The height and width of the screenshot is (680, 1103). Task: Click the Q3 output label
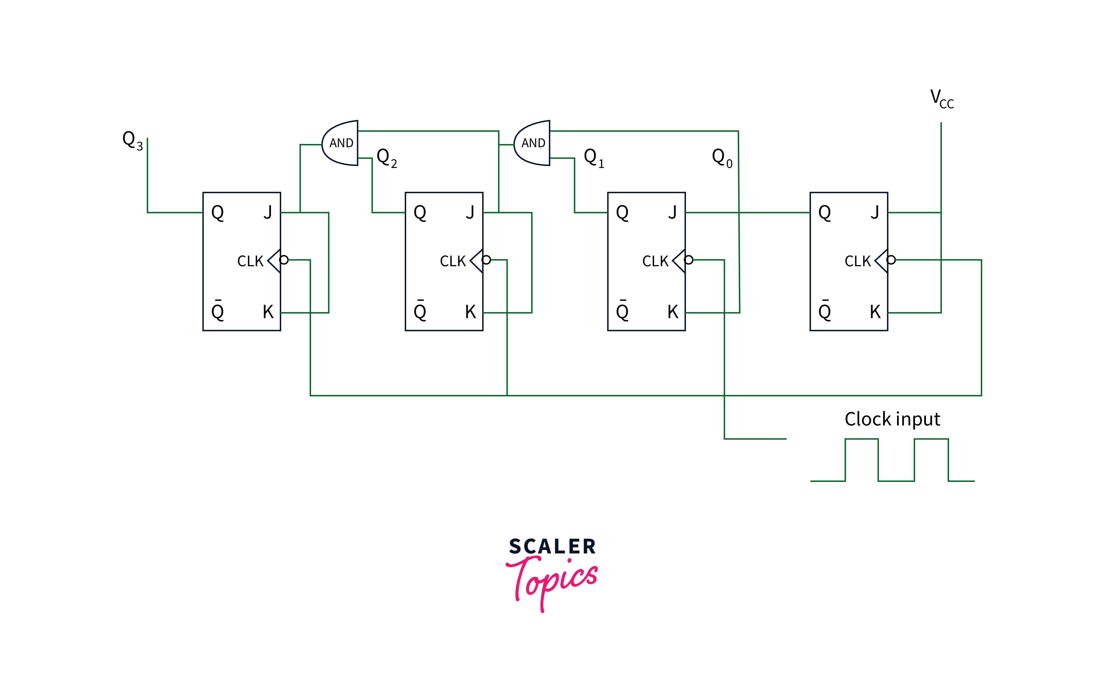(x=132, y=140)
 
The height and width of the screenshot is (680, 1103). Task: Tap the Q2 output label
(x=386, y=158)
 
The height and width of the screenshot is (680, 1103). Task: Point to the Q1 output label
(x=593, y=158)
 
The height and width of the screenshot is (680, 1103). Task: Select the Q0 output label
(x=722, y=158)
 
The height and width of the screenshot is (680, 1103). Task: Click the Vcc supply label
(x=941, y=99)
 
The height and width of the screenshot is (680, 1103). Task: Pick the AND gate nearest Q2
(x=341, y=143)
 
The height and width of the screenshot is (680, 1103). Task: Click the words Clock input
(x=892, y=419)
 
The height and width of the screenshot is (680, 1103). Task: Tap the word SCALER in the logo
(x=552, y=546)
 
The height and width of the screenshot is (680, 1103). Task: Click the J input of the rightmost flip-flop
(x=875, y=212)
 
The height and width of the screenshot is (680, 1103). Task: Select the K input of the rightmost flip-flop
(x=875, y=312)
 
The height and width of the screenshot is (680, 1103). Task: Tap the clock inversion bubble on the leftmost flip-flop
(x=284, y=260)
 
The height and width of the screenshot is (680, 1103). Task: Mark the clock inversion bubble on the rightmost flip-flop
(x=891, y=260)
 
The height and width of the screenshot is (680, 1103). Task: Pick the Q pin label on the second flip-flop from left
(x=420, y=212)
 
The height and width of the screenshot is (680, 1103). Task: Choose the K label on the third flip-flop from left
(x=672, y=312)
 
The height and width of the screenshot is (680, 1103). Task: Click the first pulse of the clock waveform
(x=861, y=459)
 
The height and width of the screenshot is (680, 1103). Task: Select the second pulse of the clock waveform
(x=931, y=459)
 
